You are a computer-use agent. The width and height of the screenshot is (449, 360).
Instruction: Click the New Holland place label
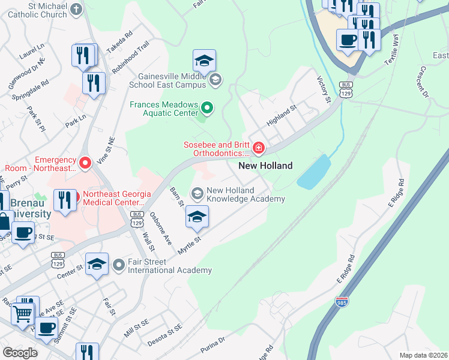coord(265,166)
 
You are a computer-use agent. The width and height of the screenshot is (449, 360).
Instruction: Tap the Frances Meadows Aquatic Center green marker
coord(207,109)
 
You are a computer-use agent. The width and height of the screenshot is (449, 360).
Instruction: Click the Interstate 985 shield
coord(342,301)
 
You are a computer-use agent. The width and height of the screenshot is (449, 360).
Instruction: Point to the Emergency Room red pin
coord(85,162)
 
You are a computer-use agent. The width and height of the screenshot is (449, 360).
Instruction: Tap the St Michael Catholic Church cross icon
coord(75,9)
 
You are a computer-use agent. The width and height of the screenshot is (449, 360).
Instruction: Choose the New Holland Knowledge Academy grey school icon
coord(196,193)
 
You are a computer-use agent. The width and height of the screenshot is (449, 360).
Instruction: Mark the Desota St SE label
coord(166,331)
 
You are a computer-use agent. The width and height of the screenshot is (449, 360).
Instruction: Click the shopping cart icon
coord(23,312)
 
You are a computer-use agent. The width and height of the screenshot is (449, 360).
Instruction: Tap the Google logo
coord(20,353)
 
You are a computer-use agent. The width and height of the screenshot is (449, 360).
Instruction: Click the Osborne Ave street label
coord(161,229)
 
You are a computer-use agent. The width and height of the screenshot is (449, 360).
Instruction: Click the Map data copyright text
coord(423,355)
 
